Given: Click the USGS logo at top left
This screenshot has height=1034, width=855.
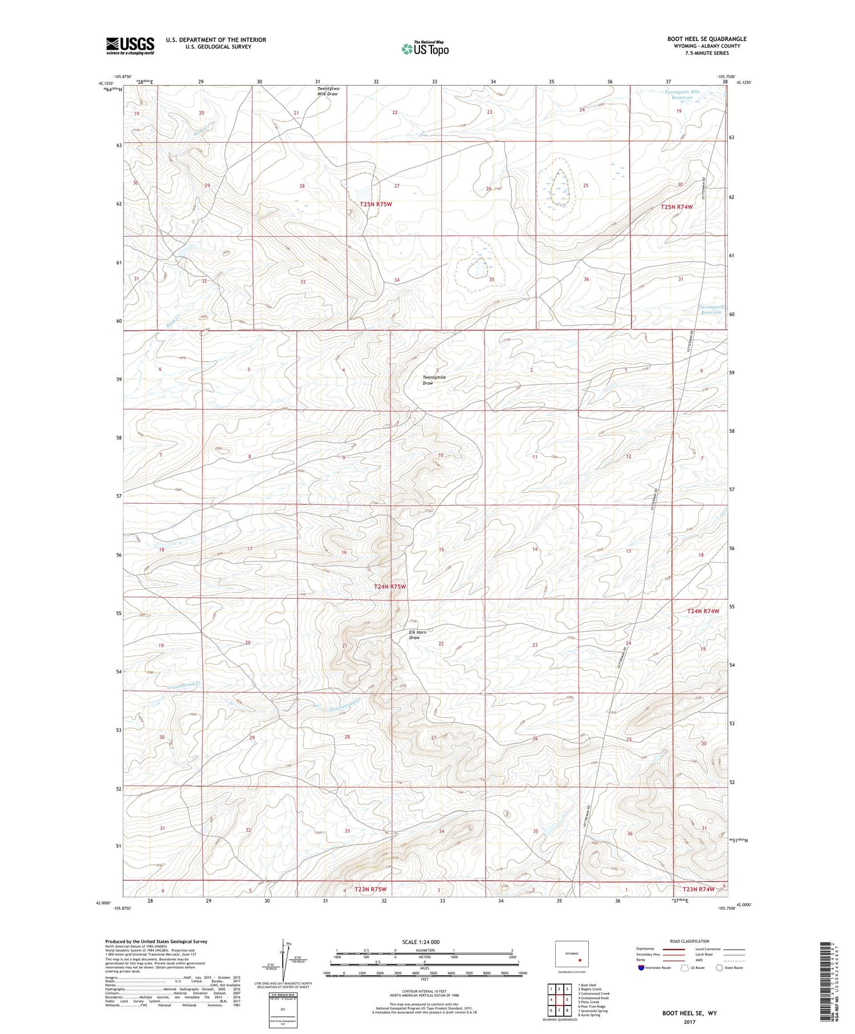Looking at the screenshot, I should coord(130,46).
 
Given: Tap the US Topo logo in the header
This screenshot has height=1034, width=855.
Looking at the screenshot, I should coord(425,49).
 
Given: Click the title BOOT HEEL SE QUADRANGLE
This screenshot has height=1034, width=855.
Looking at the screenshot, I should coord(707,39).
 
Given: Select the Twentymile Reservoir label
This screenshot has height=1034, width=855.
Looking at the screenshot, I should coord(711,309).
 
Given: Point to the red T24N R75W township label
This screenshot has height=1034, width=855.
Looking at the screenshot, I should coord(390,586).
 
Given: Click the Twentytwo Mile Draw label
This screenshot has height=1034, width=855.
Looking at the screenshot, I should coord(328,91).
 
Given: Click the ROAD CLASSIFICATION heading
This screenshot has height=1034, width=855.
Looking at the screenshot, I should coord(690,941).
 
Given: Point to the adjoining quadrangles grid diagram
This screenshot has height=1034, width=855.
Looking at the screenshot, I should coord(559,1000).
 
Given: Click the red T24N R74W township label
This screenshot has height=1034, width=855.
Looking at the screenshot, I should coord(703,611).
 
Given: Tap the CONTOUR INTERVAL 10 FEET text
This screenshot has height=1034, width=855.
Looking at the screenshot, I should coord(425,992).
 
